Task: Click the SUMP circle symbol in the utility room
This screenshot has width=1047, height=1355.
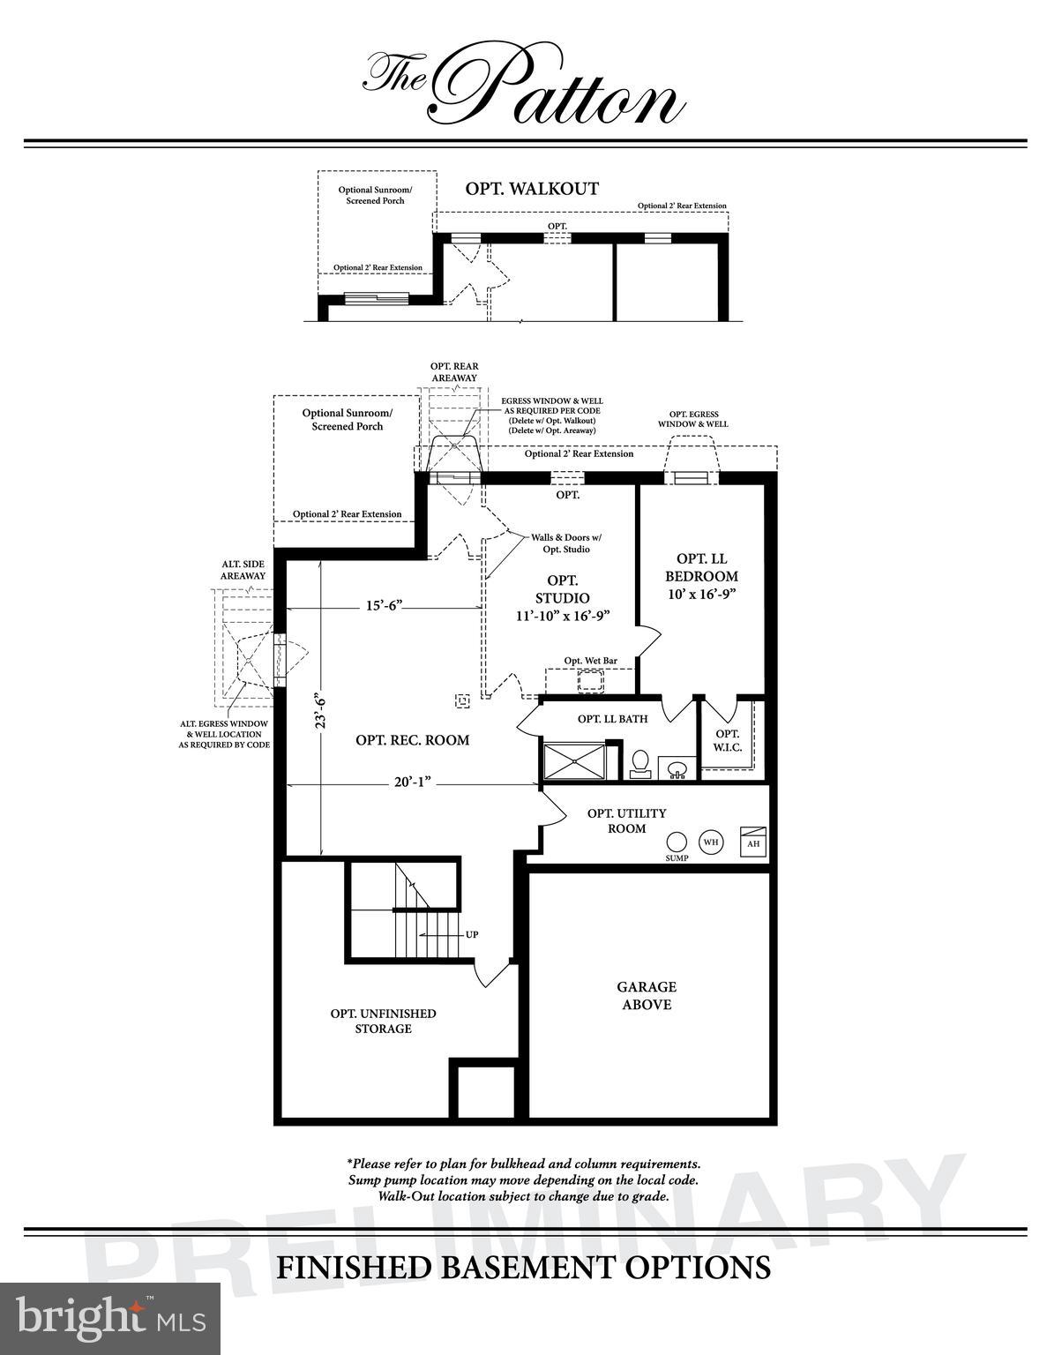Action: [677, 842]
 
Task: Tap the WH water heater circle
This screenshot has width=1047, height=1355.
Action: [711, 842]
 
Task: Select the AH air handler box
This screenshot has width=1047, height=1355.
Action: [752, 842]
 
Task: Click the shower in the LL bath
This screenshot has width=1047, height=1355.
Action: [574, 762]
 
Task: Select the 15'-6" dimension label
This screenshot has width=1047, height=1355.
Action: [384, 605]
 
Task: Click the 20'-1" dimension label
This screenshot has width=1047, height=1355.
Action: [411, 782]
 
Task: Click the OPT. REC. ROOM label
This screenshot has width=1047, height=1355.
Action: [412, 740]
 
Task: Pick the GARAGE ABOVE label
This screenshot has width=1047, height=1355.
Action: [647, 995]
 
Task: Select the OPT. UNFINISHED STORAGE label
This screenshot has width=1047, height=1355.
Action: [383, 1021]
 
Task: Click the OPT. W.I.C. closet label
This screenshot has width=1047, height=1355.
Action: [728, 740]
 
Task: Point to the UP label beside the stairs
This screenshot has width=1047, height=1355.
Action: [472, 934]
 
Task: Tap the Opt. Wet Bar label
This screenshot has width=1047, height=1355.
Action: [590, 660]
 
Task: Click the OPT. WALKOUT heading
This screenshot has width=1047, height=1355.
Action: [532, 188]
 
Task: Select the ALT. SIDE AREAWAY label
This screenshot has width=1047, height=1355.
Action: [243, 570]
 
